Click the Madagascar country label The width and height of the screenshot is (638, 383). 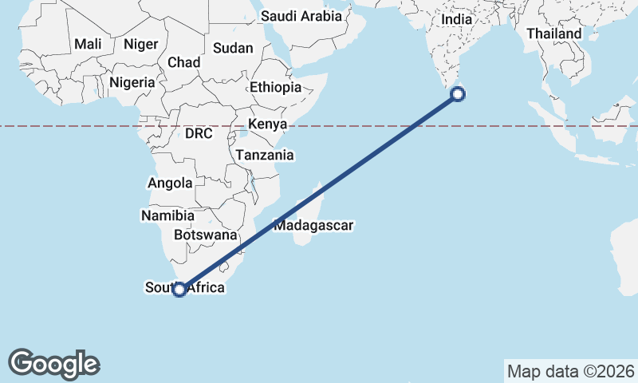pos(313,226)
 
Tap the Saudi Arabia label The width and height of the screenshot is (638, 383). pos(301,16)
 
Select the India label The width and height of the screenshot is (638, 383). pos(457,19)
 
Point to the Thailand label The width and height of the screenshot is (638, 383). pos(554,34)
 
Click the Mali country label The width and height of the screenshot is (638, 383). pos(88,45)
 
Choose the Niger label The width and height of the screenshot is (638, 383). pos(140,45)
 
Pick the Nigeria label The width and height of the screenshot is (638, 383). pos(131,81)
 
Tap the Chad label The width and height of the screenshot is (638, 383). pos(183,62)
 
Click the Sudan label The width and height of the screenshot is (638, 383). pos(234,49)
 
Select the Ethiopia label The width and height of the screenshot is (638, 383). pos(275,88)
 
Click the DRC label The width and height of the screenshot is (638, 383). pos(199,134)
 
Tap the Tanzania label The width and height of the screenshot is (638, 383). pos(264,156)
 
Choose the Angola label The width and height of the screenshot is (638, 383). pos(170,183)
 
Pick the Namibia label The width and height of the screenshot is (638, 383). pos(167,215)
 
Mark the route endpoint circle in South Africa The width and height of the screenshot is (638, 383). pos(180,290)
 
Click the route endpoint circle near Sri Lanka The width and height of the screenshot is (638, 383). pos(458,95)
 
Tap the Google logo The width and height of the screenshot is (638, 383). pos(54,364)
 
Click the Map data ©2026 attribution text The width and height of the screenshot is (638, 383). pos(570,371)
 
